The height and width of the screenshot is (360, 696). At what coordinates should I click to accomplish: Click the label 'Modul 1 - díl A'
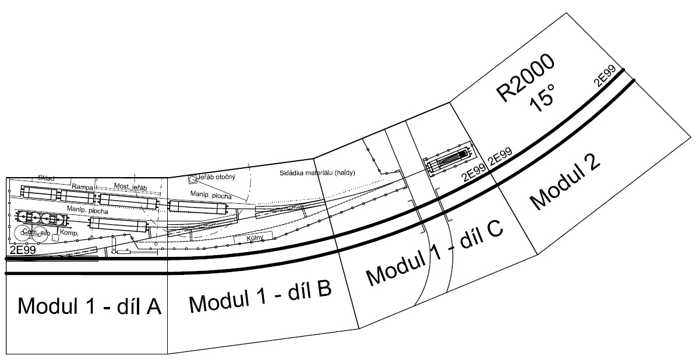coord(89,306)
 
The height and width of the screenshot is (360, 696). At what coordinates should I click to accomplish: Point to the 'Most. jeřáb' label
coord(130,185)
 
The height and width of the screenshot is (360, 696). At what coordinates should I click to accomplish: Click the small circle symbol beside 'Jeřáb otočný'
coord(193,179)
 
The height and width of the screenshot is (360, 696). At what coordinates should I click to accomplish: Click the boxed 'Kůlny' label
coord(253,238)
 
